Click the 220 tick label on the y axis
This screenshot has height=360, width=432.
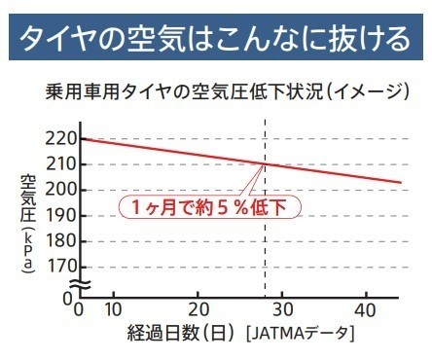pos(60,139)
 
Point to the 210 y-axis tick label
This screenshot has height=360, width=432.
pos(60,164)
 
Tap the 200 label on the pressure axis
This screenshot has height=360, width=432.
pos(60,190)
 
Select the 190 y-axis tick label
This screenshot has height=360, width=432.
pos(60,216)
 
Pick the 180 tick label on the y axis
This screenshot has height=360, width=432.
pos(60,241)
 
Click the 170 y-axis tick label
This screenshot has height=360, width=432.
pos(60,267)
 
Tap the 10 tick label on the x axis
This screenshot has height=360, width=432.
pos(113,310)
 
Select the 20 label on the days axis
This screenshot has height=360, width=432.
pos(198,310)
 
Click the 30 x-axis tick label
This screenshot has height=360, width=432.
pos(282,310)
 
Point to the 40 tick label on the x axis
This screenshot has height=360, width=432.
pos(366,310)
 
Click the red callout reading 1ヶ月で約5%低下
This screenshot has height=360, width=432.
pos(210,207)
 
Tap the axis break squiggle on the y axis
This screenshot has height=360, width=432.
pos(81,284)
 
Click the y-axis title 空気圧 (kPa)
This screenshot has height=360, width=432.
pos(27,224)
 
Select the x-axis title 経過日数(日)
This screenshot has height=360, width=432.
pos(180,333)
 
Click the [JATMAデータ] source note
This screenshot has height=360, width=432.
pos(300,333)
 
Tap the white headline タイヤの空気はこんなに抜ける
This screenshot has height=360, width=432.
pos(215,38)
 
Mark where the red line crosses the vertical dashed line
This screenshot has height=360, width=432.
pos(266,164)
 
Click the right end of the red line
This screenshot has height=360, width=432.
pos(402,182)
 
